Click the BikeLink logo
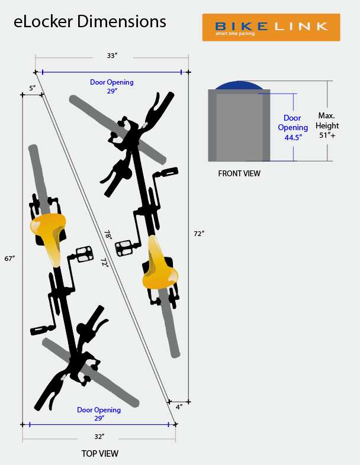pos(271,27)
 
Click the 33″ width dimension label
pos(112,56)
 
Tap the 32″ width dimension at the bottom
pos(99,437)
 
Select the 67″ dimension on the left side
pos(9,259)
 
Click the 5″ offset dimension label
pos(33,88)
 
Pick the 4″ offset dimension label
pos(179,407)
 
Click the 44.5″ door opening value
pos(293,138)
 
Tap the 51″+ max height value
pos(327,135)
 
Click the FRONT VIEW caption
pos(239,173)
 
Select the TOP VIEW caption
pos(100,453)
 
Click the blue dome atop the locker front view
pos(239,85)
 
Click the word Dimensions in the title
pos(121,22)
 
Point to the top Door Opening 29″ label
pos(112,86)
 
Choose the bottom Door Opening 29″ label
pos(99,414)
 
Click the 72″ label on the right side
pos(199,234)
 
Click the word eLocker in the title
pos(43,22)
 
